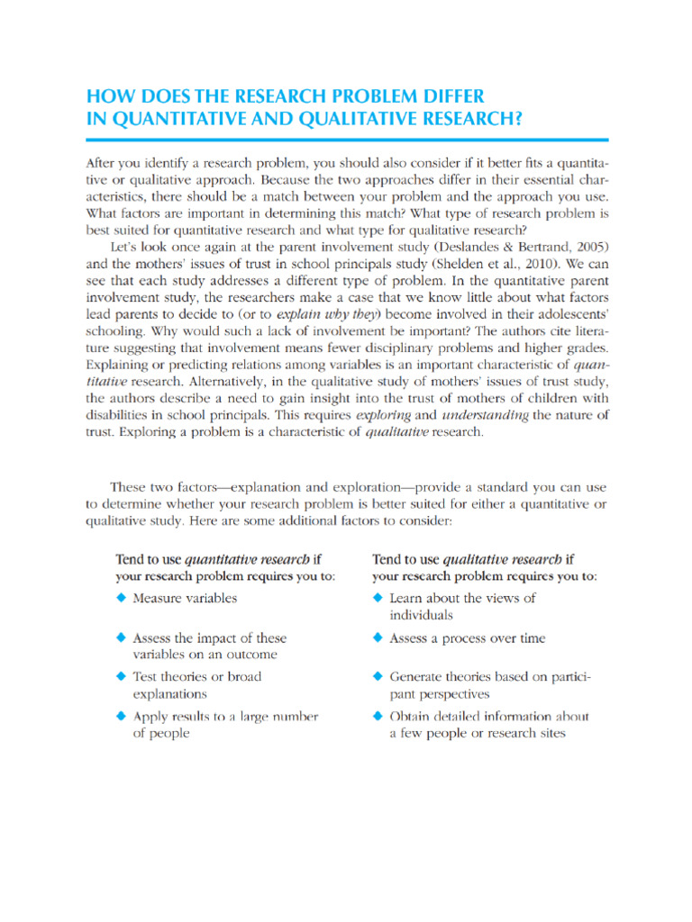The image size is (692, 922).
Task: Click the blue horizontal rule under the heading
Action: click(347, 140)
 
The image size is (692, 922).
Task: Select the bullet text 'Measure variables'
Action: click(185, 597)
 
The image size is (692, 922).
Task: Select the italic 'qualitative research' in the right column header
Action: click(512, 558)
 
